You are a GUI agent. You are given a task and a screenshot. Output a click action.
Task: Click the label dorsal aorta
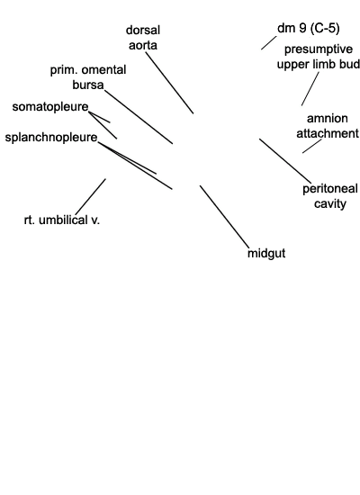tap(143, 38)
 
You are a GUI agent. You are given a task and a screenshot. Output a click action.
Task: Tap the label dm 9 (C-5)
tap(308, 28)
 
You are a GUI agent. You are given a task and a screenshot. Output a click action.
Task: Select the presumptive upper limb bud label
tap(319, 57)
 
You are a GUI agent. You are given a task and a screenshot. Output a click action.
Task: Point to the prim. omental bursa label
tap(88, 77)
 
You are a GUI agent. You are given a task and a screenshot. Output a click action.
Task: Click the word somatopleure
tap(50, 107)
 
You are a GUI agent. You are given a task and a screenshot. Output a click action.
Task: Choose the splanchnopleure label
tap(51, 138)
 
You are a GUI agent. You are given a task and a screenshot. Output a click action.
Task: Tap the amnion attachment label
tap(328, 126)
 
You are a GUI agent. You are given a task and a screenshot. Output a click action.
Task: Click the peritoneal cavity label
tap(330, 196)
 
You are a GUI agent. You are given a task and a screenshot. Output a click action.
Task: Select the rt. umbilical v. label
tap(62, 220)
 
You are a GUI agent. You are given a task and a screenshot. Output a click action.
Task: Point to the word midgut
tap(266, 253)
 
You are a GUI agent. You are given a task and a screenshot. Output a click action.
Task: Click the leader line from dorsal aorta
tap(169, 83)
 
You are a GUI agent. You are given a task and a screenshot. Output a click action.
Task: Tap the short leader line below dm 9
tap(269, 43)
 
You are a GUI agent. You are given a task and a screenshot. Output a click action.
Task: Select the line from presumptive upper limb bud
tap(310, 89)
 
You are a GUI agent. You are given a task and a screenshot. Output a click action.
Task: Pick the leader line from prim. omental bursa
tap(139, 117)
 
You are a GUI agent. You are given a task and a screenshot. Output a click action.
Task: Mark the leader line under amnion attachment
tap(312, 146)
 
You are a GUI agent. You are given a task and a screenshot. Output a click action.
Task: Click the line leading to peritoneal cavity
tap(285, 161)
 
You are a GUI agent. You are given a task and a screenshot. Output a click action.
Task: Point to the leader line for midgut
tap(224, 217)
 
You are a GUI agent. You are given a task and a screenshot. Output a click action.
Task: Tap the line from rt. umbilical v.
tap(91, 196)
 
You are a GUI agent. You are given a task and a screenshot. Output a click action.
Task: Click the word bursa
tap(88, 85)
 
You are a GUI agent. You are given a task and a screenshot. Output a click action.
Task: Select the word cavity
tap(330, 203)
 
